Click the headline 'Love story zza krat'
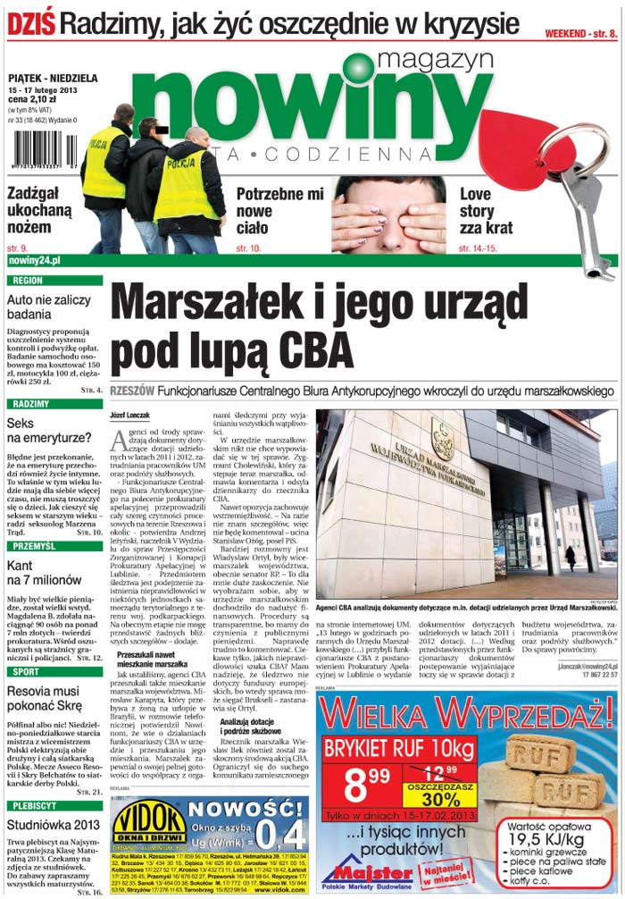pos(490,211)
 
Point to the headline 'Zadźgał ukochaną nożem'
pos(40,211)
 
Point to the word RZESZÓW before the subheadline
pos(133,391)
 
